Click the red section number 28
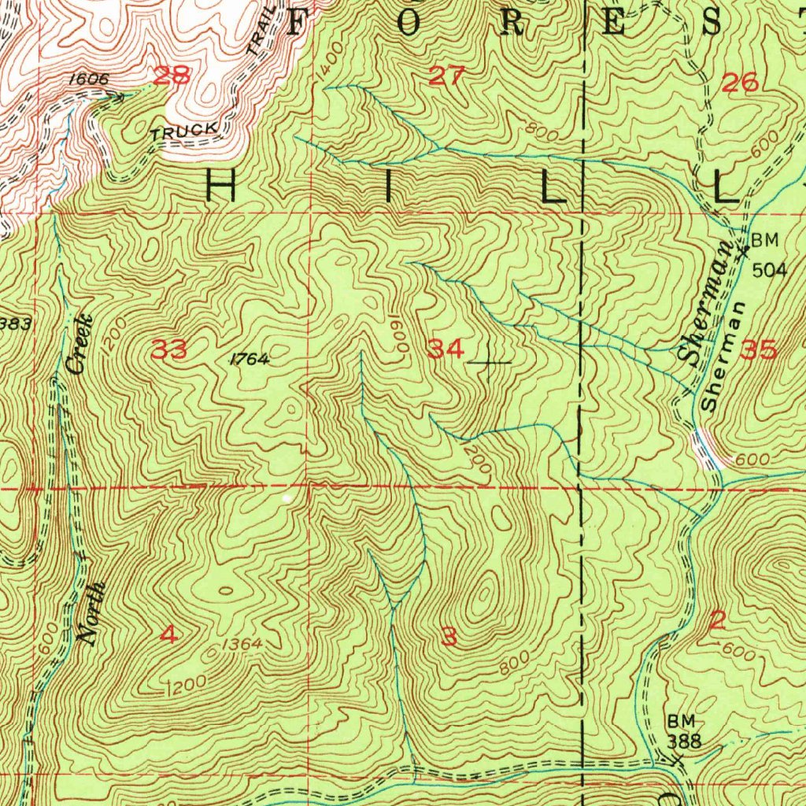tap(172, 76)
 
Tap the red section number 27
tap(447, 76)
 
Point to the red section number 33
tap(168, 349)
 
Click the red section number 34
tap(446, 348)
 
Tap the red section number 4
tap(169, 634)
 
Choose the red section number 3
tap(449, 637)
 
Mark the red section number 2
tap(716, 621)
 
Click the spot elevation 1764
tap(250, 360)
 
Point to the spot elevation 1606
tap(87, 79)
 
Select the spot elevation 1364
tap(241, 645)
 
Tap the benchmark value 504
tap(768, 270)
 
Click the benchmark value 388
tap(683, 741)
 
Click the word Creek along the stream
tap(79, 343)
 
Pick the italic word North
tap(92, 615)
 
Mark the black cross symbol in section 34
tap(490, 363)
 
